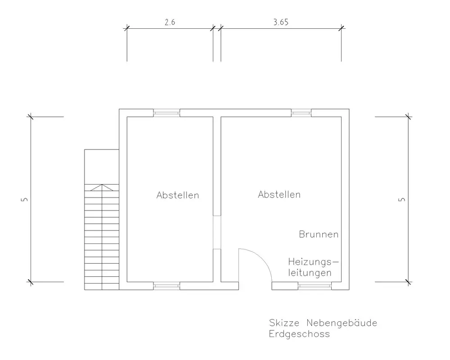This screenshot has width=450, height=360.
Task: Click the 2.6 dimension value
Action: click(x=170, y=21)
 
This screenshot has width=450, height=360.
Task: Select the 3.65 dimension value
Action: click(x=280, y=21)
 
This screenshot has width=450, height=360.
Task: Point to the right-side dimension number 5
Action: click(x=402, y=199)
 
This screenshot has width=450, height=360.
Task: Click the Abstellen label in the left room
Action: click(x=178, y=195)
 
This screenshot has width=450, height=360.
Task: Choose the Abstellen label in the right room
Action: click(x=279, y=195)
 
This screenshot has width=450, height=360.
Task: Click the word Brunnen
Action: click(x=319, y=234)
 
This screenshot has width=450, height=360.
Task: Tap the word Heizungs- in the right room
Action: click(x=313, y=262)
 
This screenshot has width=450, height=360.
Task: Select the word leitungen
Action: click(x=310, y=273)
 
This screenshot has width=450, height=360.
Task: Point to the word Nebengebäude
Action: click(x=342, y=323)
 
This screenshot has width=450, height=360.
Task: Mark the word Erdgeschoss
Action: click(x=299, y=334)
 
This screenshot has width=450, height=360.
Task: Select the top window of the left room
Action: click(x=166, y=112)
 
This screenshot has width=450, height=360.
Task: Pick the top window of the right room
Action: click(x=301, y=112)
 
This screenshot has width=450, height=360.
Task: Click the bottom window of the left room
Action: click(x=166, y=285)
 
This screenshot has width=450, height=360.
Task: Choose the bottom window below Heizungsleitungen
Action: click(x=315, y=285)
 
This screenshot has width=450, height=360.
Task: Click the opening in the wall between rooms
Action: click(x=217, y=233)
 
